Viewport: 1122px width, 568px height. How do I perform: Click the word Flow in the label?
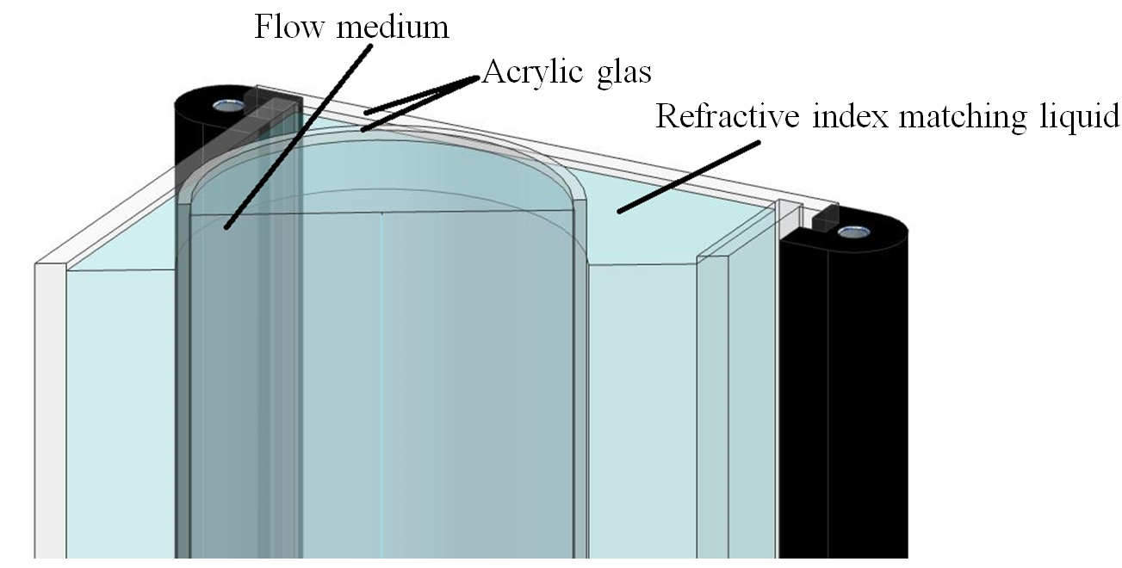click(x=289, y=27)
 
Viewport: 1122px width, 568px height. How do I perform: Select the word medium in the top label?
click(x=393, y=28)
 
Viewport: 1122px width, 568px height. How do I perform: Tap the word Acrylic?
click(x=533, y=73)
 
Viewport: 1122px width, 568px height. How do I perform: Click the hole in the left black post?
click(x=229, y=106)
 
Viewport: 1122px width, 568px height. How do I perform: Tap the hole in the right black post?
click(x=853, y=232)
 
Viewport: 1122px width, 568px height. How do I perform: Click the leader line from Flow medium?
click(x=299, y=137)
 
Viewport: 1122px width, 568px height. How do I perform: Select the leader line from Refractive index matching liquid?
click(x=689, y=177)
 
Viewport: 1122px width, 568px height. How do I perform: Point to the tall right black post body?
click(x=844, y=395)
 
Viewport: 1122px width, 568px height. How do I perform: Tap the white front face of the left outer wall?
click(x=50, y=411)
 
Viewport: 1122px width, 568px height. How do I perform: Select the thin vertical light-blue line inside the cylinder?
click(x=381, y=386)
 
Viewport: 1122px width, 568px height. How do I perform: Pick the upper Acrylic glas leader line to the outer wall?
click(x=422, y=95)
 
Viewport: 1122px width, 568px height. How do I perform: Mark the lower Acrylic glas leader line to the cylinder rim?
click(x=420, y=103)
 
